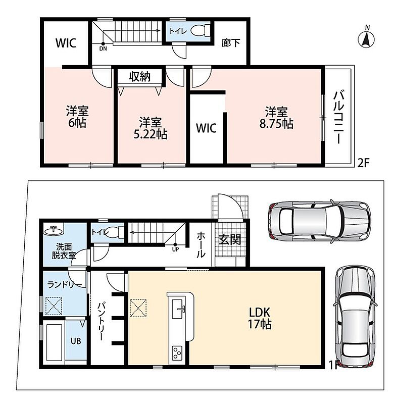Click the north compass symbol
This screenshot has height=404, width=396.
[x=366, y=39]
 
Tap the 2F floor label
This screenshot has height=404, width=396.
[x=364, y=163]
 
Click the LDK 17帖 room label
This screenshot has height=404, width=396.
[x=260, y=318]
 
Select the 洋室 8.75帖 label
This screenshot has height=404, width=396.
[x=276, y=118]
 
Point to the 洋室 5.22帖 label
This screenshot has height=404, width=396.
[x=150, y=128]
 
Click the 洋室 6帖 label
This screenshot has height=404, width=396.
[x=77, y=117]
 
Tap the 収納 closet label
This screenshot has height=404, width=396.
[x=139, y=77]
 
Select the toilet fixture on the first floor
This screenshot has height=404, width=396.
[x=115, y=232]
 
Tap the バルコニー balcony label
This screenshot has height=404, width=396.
[x=338, y=117]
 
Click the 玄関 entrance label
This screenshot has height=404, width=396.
[x=229, y=240]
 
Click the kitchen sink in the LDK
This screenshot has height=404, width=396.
[x=178, y=306]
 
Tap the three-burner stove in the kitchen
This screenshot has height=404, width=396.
[x=177, y=353]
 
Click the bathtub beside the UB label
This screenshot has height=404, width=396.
[x=54, y=342]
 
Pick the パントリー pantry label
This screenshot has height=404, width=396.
[x=101, y=321]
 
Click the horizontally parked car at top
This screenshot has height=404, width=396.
[x=320, y=220]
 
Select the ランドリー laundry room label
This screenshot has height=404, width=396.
[x=65, y=284]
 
